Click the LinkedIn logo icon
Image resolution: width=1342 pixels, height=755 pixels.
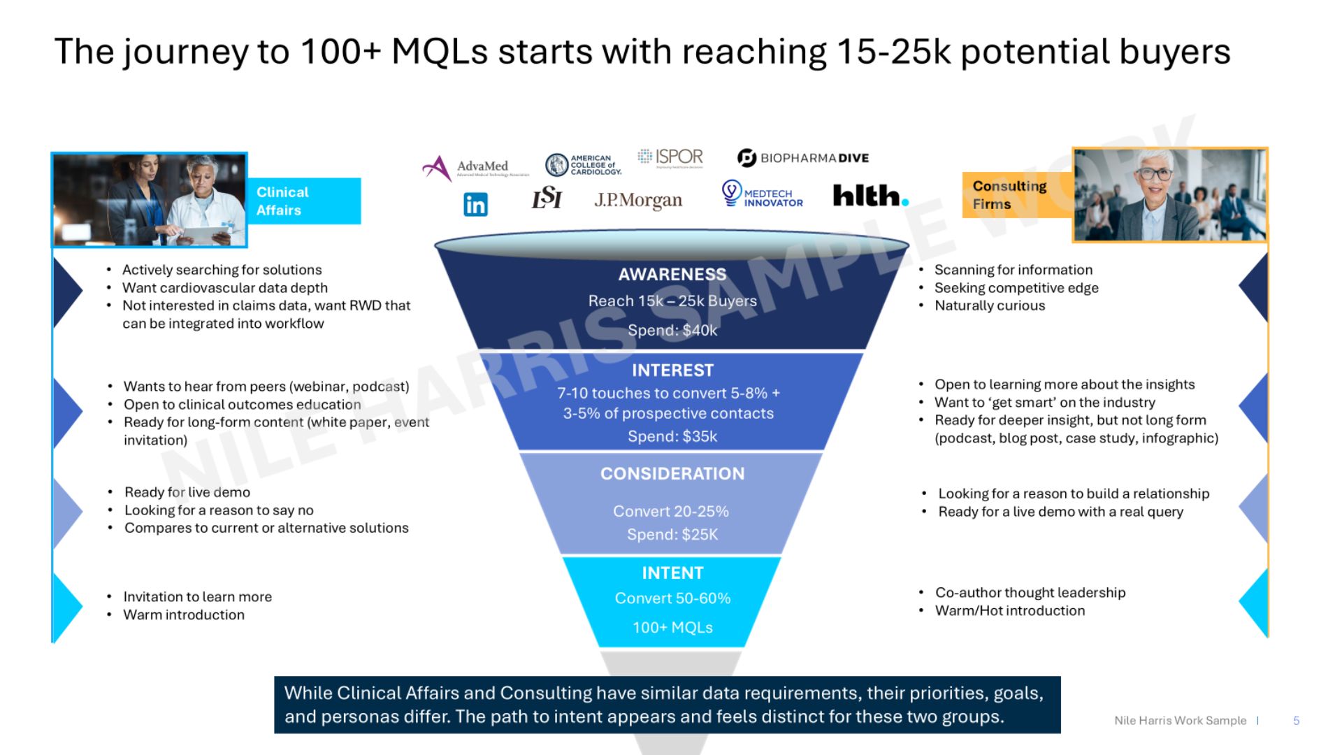(x=475, y=204)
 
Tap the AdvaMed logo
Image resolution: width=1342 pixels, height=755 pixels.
(x=475, y=168)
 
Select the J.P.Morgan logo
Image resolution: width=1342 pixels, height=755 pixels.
(x=638, y=201)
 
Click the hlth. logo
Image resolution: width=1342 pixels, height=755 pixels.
(x=871, y=196)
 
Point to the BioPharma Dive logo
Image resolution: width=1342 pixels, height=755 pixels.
(x=803, y=158)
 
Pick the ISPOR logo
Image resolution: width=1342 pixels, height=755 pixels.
(x=670, y=157)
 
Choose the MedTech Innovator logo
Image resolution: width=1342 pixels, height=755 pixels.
(x=762, y=194)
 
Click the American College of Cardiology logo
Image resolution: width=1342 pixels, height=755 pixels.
(x=583, y=165)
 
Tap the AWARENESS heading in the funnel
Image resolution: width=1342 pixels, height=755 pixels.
(x=672, y=275)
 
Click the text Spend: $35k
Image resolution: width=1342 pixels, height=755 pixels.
(x=672, y=437)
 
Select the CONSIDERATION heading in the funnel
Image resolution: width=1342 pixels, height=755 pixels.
(x=672, y=474)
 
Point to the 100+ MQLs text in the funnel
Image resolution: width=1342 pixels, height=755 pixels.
(x=672, y=628)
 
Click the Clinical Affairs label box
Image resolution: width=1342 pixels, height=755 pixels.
(x=304, y=201)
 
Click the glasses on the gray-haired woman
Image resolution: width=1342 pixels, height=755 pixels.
(x=1155, y=173)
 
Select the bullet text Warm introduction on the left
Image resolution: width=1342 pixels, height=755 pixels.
(x=184, y=615)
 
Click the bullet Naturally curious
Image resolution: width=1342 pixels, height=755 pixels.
(x=990, y=305)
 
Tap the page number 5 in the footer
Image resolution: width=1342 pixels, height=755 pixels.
(x=1297, y=721)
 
